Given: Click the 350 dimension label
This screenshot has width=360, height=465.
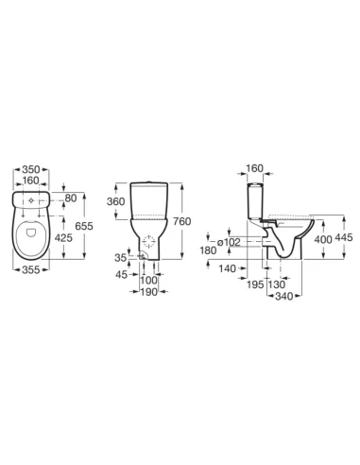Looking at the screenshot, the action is pyautogui.click(x=31, y=169).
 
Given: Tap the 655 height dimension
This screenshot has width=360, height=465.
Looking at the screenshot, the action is pyautogui.click(x=84, y=226).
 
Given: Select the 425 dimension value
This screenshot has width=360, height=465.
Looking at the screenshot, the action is pyautogui.click(x=63, y=238).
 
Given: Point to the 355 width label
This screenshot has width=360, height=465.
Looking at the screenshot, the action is pyautogui.click(x=31, y=269).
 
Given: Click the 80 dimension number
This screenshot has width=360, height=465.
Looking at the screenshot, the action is pyautogui.click(x=71, y=198).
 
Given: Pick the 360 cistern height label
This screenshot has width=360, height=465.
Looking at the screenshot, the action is pyautogui.click(x=115, y=201).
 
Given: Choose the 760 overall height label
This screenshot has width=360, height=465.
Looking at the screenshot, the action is pyautogui.click(x=182, y=221).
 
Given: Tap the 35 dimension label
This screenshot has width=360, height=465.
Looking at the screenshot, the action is pyautogui.click(x=120, y=258).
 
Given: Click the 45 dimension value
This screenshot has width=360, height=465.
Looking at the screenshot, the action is pyautogui.click(x=122, y=275).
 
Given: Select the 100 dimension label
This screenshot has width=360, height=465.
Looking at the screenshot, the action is pyautogui.click(x=148, y=280).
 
